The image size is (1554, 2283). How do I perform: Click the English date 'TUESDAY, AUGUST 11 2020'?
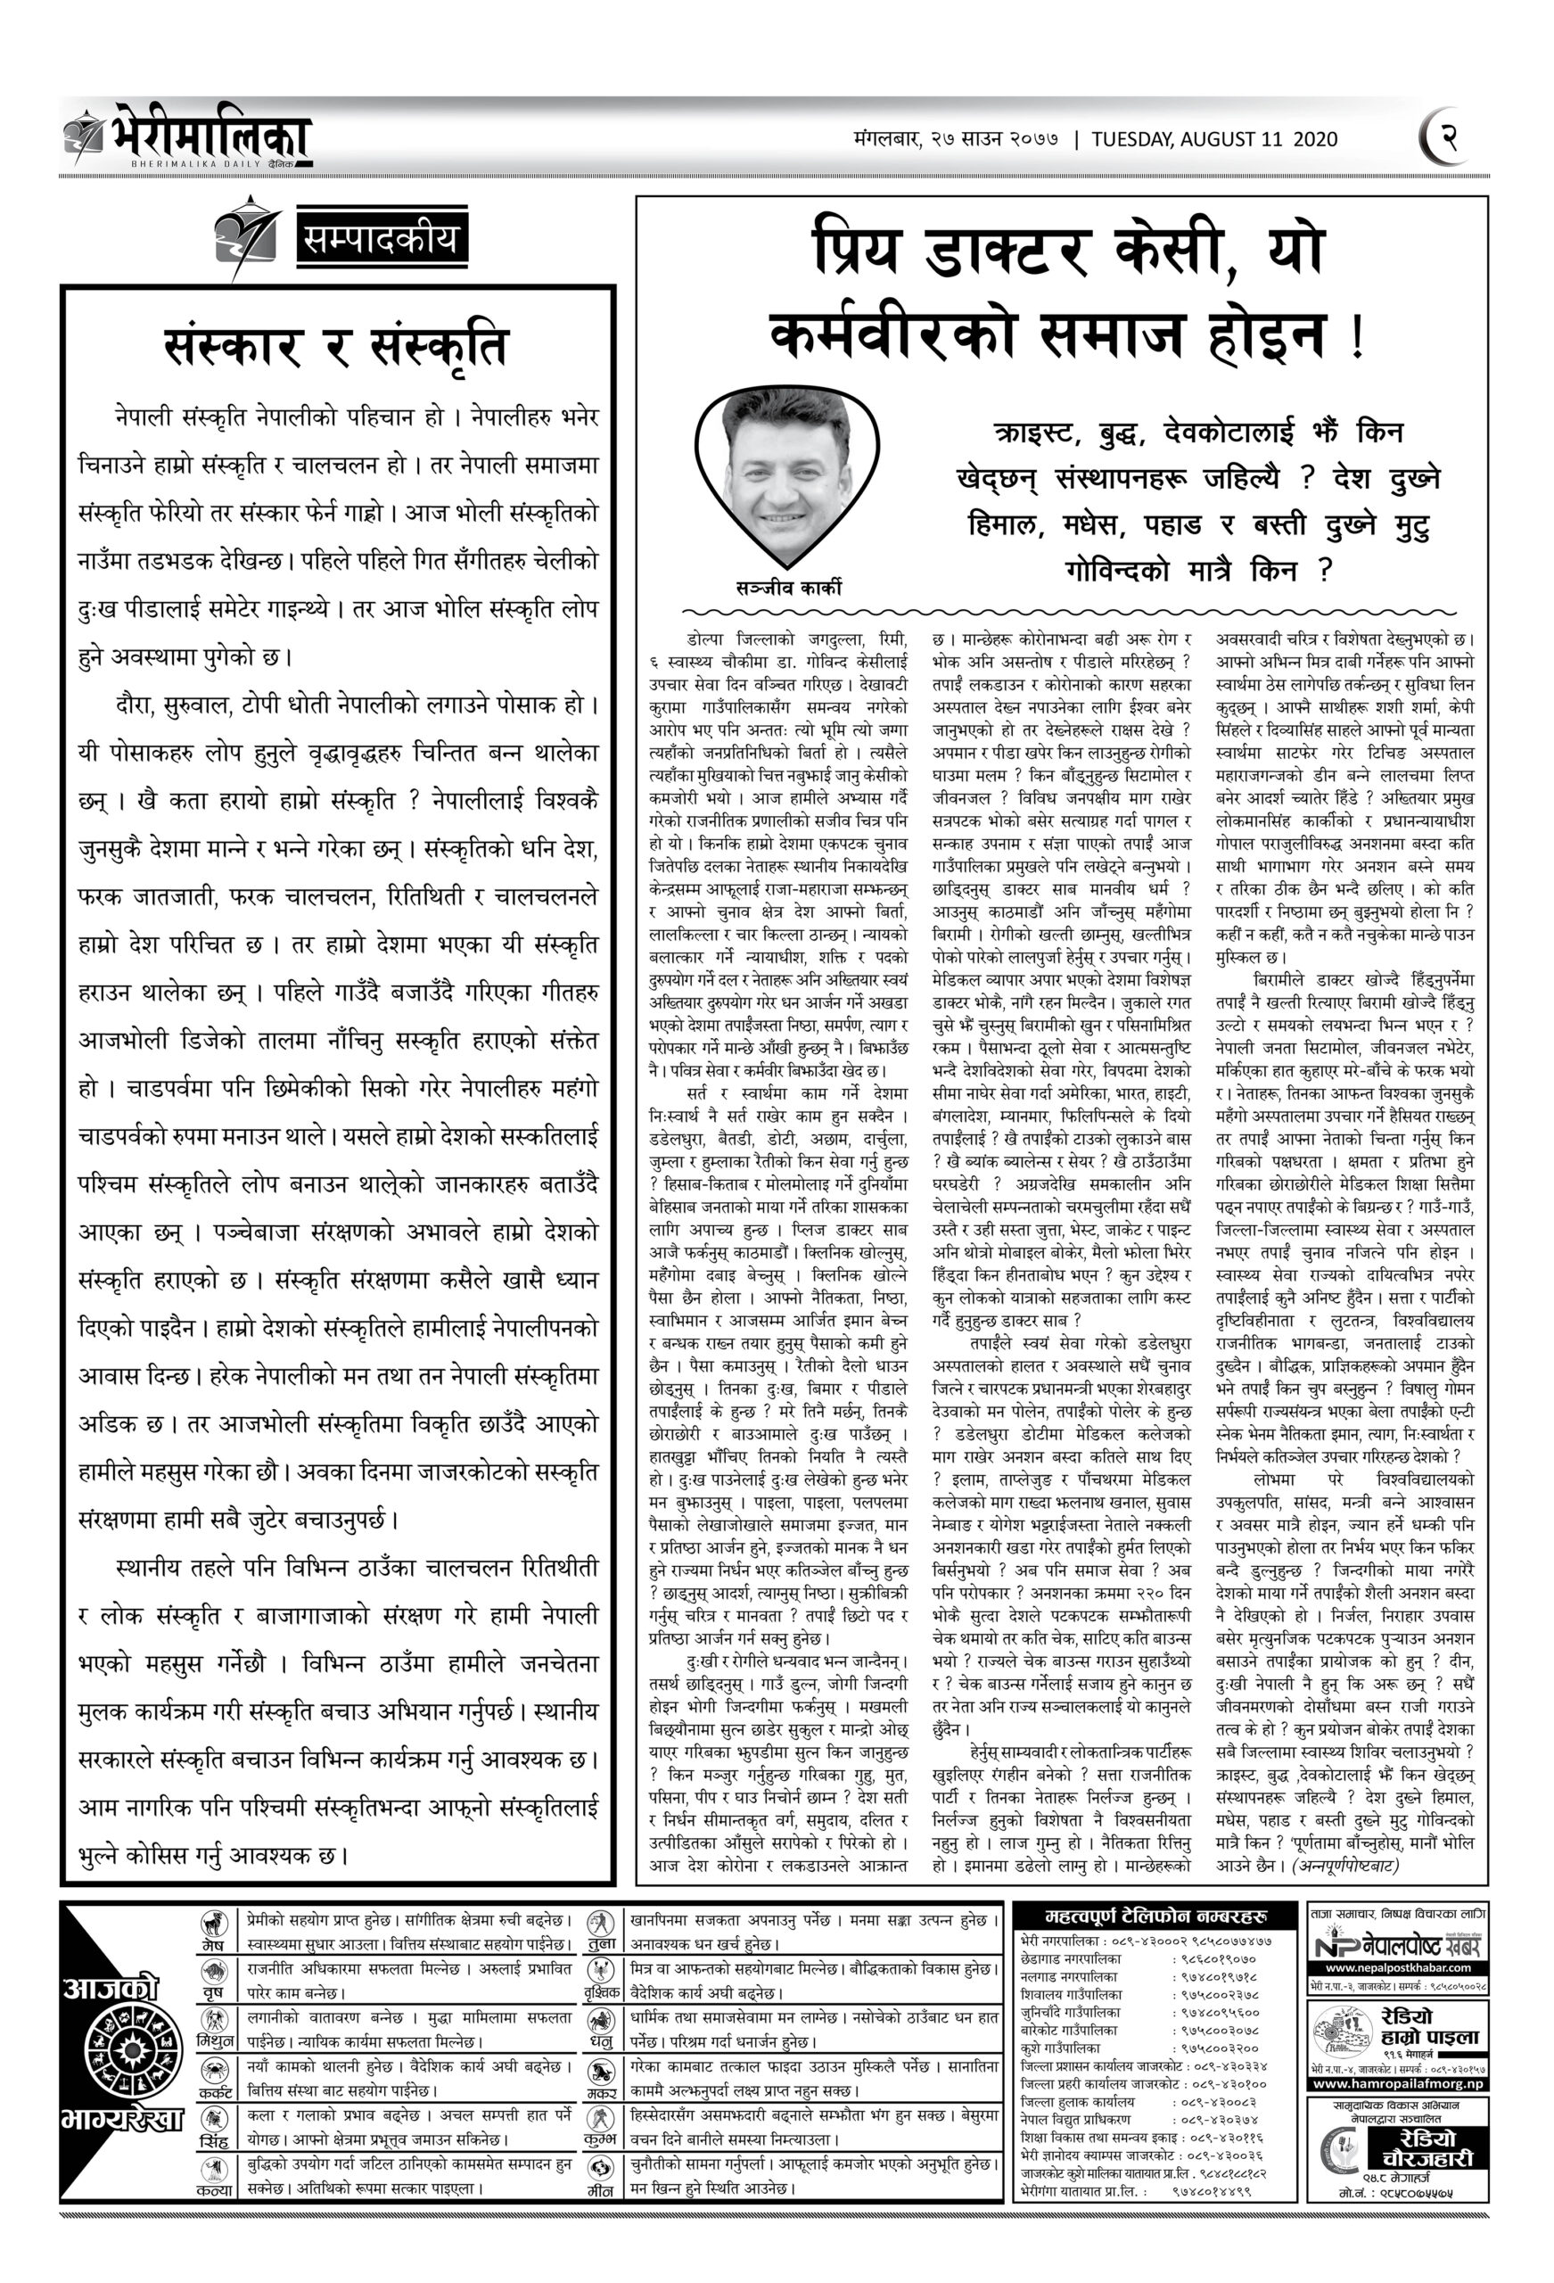(x=1214, y=139)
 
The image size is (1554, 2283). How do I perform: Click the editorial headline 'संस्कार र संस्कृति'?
(x=337, y=346)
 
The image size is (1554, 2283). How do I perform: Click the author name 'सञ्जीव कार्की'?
(x=788, y=589)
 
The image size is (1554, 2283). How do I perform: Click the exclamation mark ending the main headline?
(x=1358, y=338)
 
